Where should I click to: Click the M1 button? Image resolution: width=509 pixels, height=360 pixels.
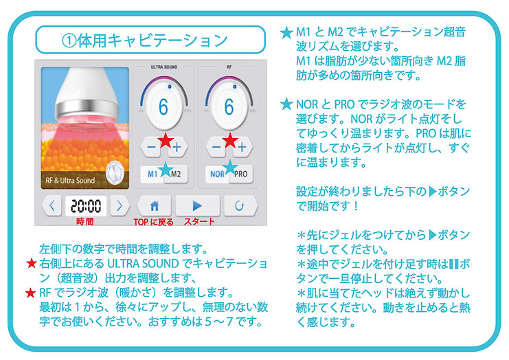(151, 175)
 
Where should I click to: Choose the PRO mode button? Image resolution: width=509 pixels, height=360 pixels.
(240, 175)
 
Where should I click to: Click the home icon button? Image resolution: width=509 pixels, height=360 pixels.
(155, 205)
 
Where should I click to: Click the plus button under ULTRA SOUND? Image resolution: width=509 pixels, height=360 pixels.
(177, 146)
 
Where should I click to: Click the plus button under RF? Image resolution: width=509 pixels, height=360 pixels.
(241, 146)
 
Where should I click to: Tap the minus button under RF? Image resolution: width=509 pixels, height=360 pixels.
(216, 146)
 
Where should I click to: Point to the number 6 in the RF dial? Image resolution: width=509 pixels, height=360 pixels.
(229, 107)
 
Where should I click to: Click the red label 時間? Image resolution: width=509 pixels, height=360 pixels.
(86, 222)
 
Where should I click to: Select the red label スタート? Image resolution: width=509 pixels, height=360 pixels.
(200, 222)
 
